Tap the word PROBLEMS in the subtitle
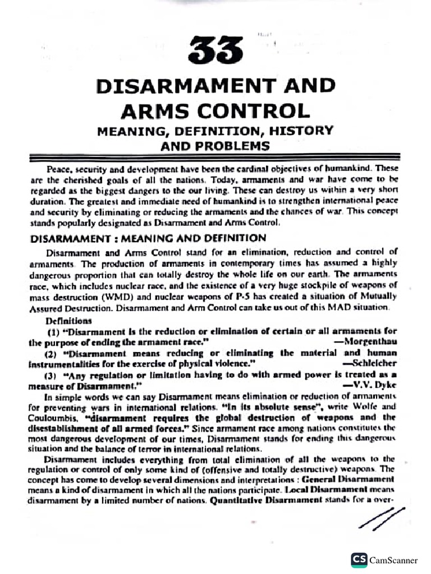[x=239, y=146]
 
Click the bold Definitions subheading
[x=68, y=321]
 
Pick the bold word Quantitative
[x=236, y=502]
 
